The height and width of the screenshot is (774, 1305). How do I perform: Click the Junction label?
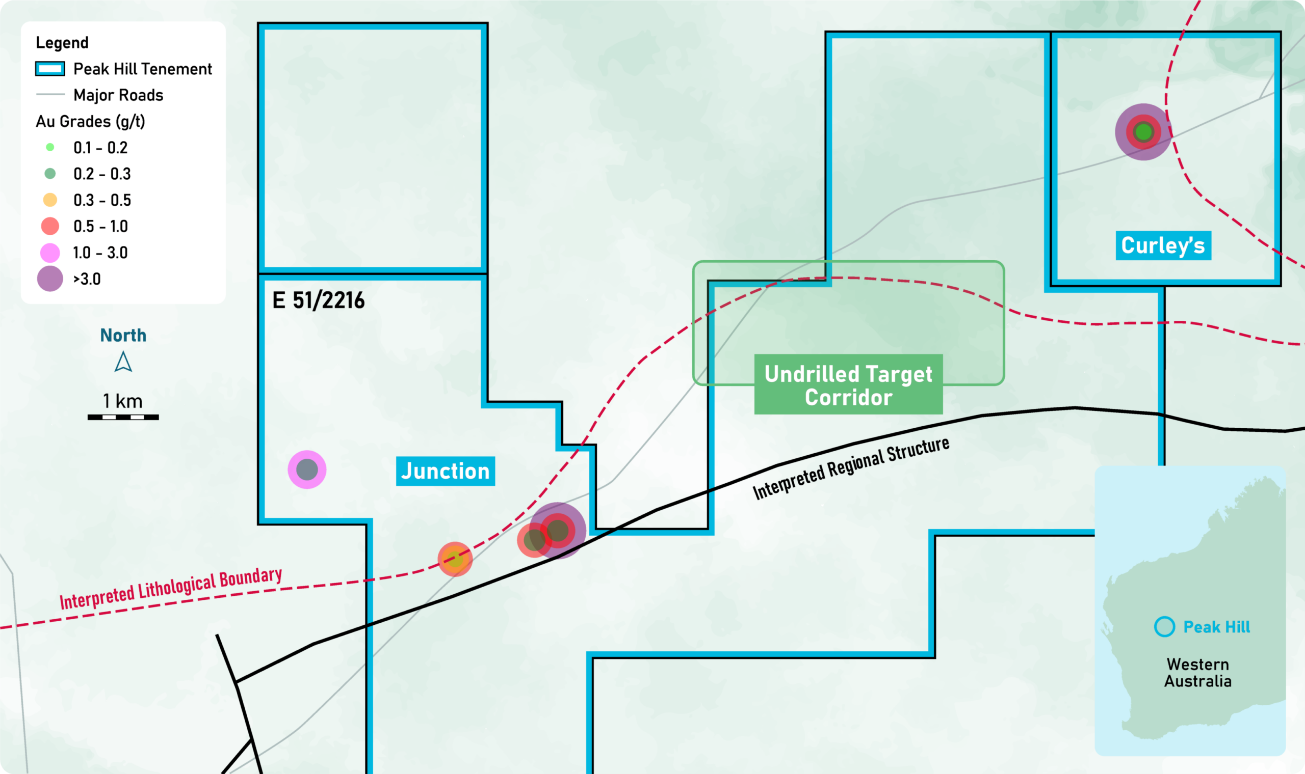coord(445,471)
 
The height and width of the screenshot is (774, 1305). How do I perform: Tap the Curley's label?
coord(1163,245)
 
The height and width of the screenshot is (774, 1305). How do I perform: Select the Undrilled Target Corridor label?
coord(848,385)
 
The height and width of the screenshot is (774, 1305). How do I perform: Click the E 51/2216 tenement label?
coord(319,300)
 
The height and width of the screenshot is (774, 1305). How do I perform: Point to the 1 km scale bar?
coord(123,417)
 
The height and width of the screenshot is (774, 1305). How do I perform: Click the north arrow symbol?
coord(123,362)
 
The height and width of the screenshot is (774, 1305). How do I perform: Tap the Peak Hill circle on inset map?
coord(1165,626)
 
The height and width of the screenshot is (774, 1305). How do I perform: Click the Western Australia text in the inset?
coord(1198,672)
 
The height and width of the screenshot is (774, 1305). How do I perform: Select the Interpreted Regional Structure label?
coord(851,468)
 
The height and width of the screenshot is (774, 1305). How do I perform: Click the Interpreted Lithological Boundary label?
coord(171,588)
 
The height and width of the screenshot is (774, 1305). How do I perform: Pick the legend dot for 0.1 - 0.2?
coord(50,147)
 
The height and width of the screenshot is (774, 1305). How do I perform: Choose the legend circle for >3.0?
coord(50,279)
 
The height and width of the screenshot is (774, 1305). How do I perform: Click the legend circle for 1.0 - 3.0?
coord(50,253)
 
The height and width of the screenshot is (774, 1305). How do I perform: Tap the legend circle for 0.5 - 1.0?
coord(50,226)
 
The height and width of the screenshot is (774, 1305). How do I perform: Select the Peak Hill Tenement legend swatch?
coord(50,69)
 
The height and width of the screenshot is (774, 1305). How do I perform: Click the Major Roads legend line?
coord(50,94)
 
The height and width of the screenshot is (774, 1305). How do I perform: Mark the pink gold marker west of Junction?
coord(307,469)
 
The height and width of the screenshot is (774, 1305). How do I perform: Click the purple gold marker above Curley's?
coord(1143,132)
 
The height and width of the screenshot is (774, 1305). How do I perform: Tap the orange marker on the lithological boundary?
coord(455,559)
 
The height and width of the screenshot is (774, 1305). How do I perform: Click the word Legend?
coord(62,43)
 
